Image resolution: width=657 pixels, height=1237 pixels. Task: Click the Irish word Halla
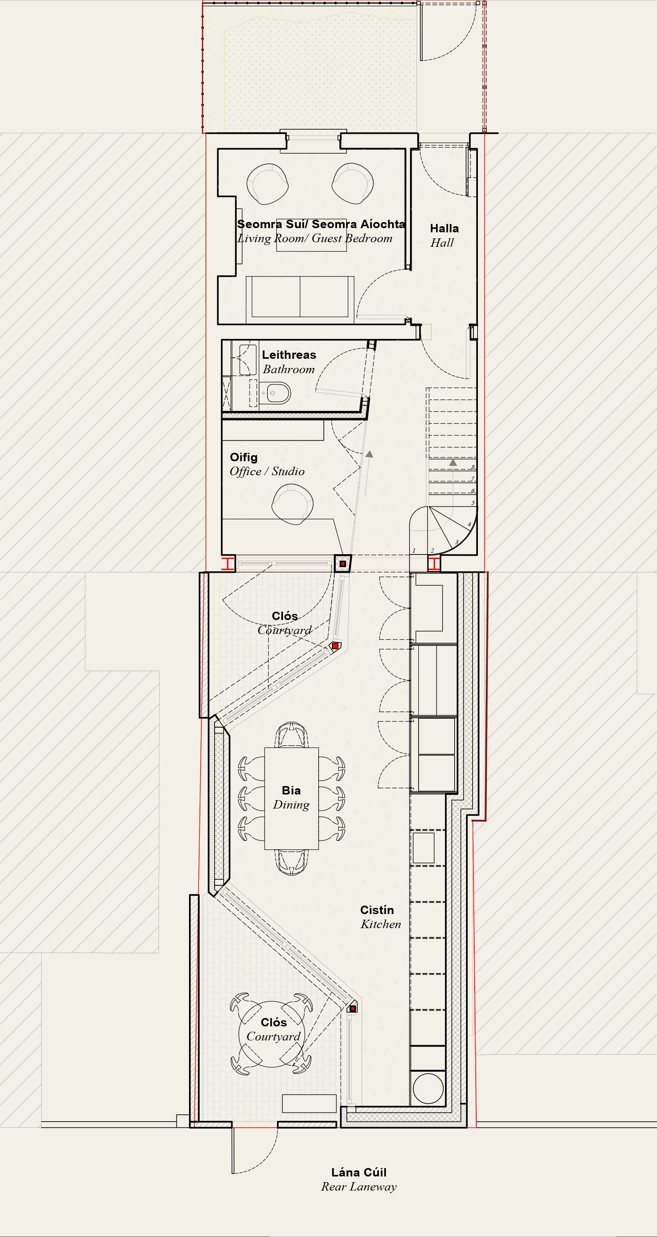[444, 228]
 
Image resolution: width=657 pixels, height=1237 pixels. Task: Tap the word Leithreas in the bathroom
[289, 355]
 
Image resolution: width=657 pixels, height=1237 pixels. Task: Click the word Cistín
[377, 910]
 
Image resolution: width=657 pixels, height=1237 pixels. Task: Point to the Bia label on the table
[291, 790]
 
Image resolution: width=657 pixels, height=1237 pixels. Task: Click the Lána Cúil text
[359, 1173]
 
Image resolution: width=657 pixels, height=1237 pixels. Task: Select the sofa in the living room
[300, 300]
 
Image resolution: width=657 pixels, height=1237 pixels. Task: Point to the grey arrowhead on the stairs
[453, 462]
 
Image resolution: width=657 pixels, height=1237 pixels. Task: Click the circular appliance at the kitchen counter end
[428, 1088]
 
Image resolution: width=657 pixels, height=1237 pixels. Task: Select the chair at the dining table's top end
[291, 734]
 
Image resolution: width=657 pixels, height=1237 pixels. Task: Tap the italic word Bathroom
[288, 369]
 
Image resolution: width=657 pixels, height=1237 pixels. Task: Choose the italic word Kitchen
[381, 924]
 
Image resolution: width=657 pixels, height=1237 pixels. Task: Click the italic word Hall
[442, 243]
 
